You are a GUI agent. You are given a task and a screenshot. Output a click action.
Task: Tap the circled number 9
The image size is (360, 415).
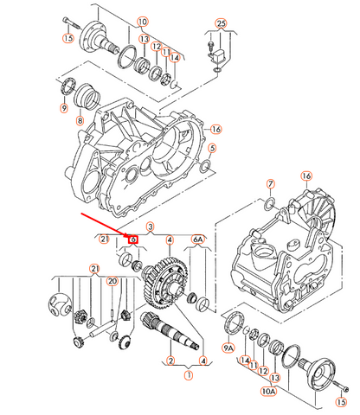tap(62, 109)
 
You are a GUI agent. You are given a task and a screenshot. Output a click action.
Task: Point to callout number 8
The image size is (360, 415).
tap(80, 121)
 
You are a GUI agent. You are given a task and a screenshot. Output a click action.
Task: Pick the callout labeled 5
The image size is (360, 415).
tap(212, 148)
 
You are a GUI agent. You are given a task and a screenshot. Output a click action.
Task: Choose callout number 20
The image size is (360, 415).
tap(111, 282)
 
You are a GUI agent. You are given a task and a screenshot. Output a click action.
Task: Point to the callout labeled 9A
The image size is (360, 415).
tap(229, 348)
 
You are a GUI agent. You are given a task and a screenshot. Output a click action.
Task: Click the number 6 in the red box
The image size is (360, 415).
tap(133, 239)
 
